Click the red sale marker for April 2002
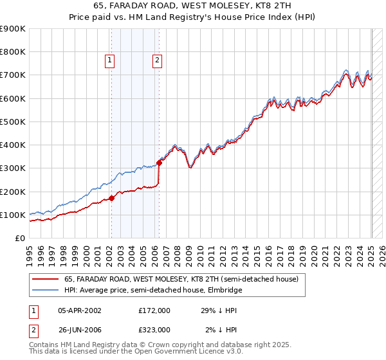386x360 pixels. click(x=111, y=198)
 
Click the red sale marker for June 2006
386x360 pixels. click(x=159, y=163)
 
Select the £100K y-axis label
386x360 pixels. click(x=12, y=215)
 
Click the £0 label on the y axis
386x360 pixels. click(x=19, y=239)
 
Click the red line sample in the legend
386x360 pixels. click(x=46, y=280)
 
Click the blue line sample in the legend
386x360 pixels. click(x=46, y=290)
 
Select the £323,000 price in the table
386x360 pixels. click(x=154, y=329)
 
